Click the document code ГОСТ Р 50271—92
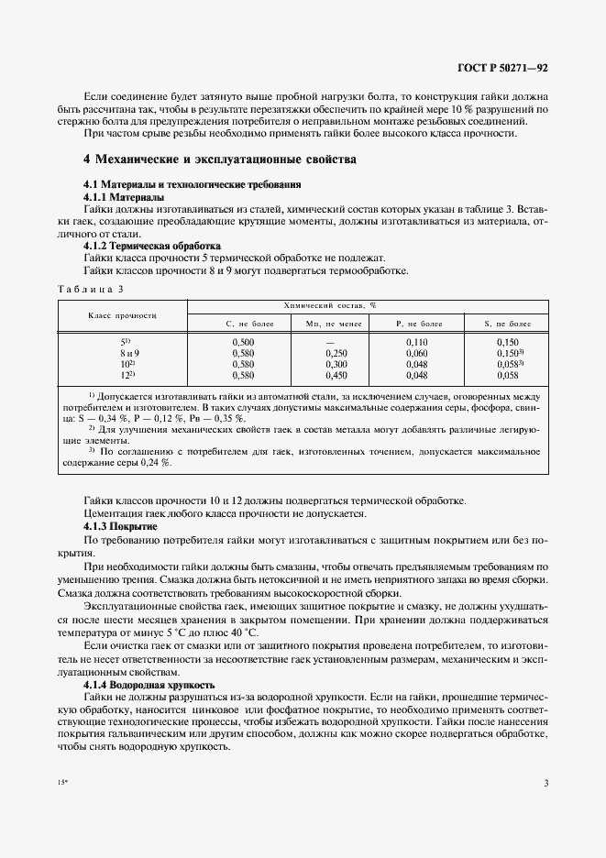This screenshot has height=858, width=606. tap(501, 68)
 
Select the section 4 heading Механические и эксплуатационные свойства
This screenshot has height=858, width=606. tap(219, 159)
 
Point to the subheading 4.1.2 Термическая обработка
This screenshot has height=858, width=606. tap(152, 247)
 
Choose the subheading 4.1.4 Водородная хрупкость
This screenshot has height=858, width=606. tap(149, 685)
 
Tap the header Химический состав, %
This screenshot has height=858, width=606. tap(368, 304)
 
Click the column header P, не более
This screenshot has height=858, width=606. tap(417, 324)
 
